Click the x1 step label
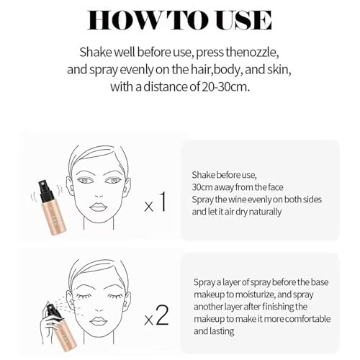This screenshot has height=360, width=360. (156, 202)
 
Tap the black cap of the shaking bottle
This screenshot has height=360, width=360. (45, 191)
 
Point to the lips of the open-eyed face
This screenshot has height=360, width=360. (98, 207)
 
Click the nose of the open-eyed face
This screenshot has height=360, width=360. (99, 195)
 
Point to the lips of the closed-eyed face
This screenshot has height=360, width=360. (98, 321)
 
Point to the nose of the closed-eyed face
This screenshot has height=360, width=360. (99, 309)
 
